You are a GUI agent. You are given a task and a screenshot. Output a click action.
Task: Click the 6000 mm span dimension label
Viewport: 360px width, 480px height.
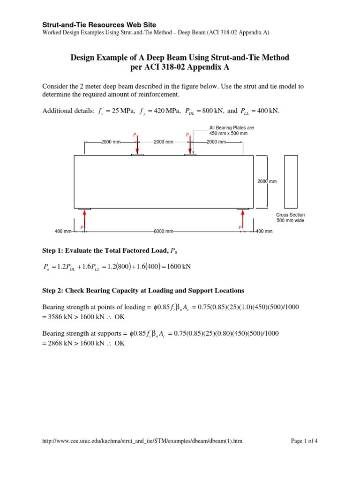coord(163,231)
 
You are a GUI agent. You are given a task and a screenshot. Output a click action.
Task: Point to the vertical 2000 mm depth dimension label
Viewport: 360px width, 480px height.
coord(266,181)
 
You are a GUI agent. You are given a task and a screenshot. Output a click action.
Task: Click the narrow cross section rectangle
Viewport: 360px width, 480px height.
coord(291,181)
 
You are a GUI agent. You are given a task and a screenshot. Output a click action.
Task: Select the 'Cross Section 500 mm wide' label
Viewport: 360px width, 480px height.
coord(290,217)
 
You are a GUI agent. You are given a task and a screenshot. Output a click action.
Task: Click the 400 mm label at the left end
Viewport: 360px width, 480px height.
coord(63,231)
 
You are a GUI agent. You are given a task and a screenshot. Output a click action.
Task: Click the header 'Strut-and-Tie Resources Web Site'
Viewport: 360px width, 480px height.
coord(99,24)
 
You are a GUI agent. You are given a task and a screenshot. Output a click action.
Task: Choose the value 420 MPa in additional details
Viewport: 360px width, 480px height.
coord(162,111)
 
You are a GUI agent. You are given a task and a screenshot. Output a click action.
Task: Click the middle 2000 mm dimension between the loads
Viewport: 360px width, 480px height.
coord(163,141)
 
